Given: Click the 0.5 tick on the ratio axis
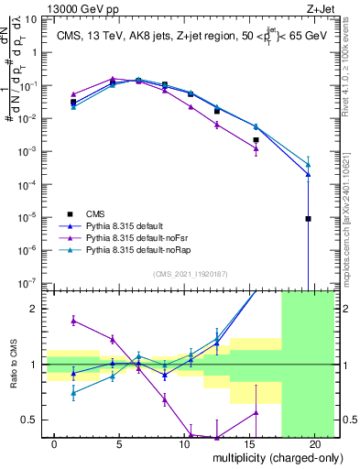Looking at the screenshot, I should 31,420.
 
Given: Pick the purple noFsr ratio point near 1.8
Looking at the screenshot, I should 73,321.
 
